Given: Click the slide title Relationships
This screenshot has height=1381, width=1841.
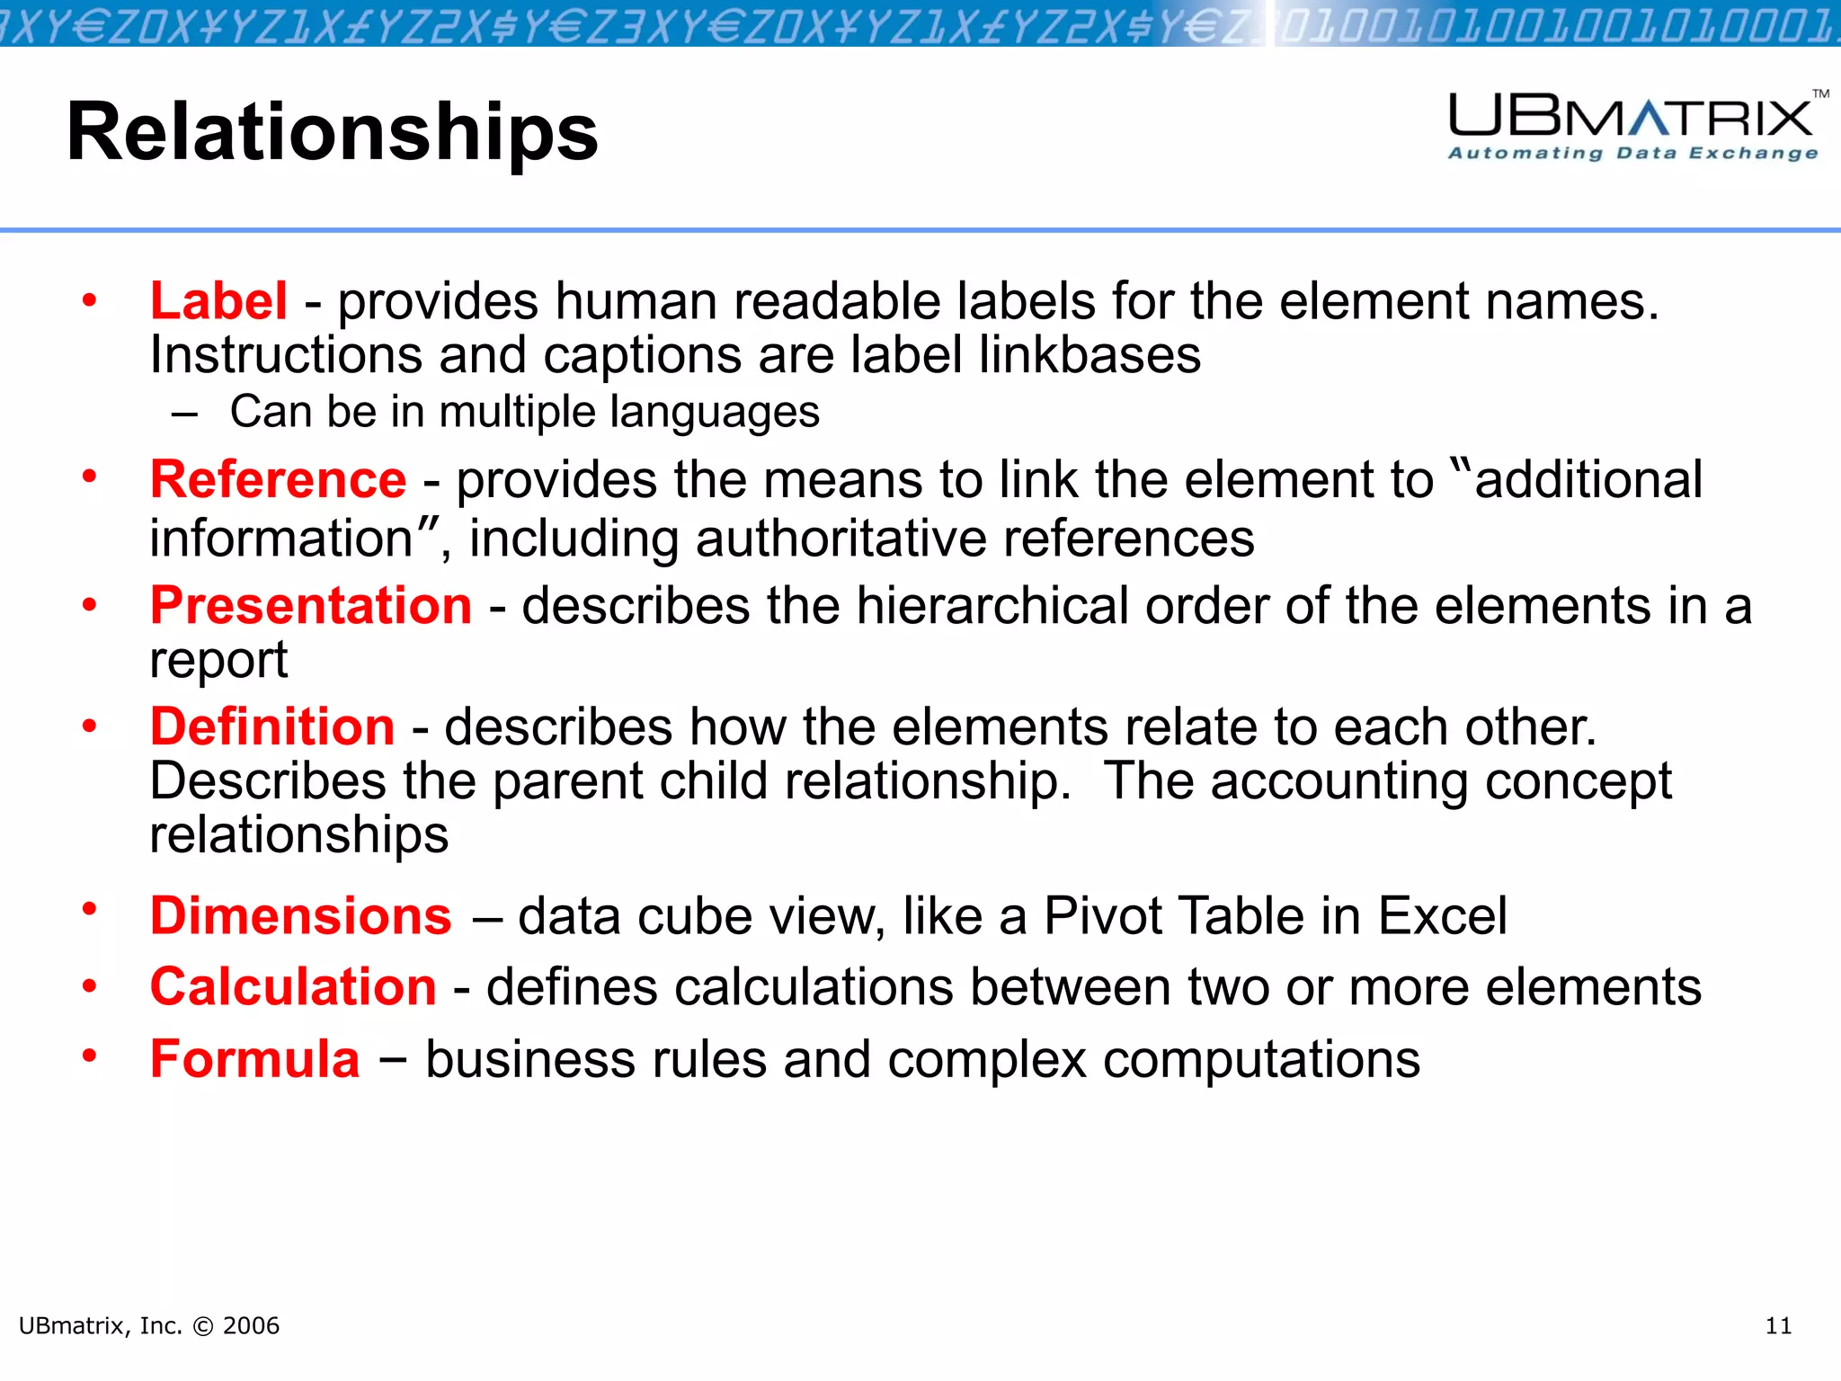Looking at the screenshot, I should point(332,131).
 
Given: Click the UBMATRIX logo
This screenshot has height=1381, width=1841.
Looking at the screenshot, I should point(1631,116).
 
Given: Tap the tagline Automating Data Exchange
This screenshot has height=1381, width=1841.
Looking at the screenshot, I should point(1632,153).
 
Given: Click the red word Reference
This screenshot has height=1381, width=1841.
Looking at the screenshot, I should point(278,479).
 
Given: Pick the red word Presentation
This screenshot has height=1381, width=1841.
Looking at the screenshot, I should point(311,605).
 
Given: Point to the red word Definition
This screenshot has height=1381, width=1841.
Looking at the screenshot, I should point(272,726).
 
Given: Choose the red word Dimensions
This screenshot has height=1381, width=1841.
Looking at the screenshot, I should point(300,916).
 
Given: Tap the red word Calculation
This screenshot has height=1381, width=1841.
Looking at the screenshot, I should point(293,987).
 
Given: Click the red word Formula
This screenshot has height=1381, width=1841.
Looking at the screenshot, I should point(254,1059).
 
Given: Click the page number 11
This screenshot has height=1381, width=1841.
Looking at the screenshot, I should point(1778,1326).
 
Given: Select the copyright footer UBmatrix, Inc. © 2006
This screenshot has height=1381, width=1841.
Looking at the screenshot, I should point(149,1326).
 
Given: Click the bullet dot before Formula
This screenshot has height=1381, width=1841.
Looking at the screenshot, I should point(89,1056).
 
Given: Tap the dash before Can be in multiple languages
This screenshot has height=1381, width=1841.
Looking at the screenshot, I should point(184,414).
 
